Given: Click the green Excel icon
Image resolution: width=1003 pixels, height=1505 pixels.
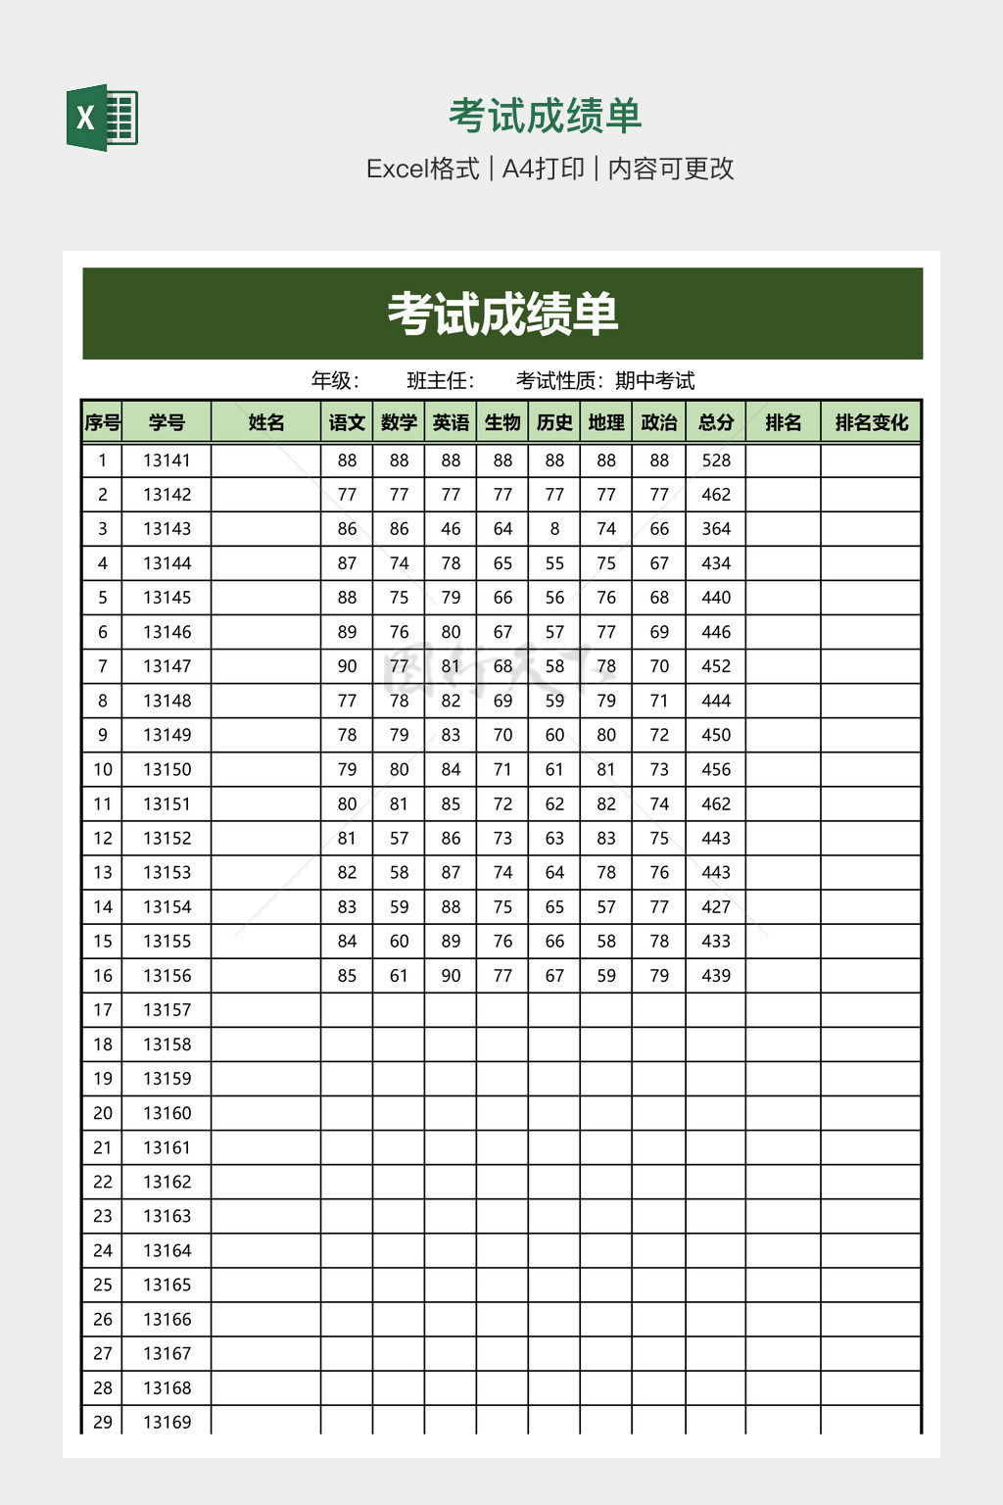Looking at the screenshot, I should tap(102, 118).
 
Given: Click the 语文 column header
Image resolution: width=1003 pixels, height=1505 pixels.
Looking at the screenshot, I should tap(347, 422).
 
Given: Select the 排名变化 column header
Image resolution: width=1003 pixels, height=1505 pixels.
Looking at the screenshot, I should tap(871, 422).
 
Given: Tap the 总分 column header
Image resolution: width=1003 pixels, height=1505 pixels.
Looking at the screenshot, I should tap(716, 422).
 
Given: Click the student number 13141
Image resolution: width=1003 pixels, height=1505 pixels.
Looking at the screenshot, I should tap(167, 461).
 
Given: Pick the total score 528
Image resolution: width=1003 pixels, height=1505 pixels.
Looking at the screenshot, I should tap(716, 461).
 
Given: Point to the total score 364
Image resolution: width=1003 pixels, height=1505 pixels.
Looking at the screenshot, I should tap(716, 529).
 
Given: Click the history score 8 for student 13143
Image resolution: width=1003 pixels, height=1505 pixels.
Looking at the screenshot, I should tap(554, 529).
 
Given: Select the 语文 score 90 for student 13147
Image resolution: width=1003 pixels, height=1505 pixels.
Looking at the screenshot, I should tap(347, 666).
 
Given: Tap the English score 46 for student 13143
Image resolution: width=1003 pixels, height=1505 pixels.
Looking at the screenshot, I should tap(451, 529).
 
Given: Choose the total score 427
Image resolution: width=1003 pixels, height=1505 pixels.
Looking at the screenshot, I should tap(716, 906).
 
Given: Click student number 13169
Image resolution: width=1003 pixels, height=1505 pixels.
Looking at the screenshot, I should tap(167, 1422).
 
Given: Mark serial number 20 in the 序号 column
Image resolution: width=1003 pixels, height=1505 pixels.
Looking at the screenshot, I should tap(103, 1113).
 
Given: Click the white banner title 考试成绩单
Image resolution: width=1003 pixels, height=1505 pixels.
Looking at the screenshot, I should tap(502, 315).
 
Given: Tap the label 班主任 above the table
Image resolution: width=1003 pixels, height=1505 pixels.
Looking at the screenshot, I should tap(439, 381).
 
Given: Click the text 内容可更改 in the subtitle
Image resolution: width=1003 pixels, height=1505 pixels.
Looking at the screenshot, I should tap(671, 169).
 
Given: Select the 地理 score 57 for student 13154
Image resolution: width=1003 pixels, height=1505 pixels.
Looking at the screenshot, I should tap(606, 906).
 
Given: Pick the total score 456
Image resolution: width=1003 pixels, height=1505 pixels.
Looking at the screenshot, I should tap(716, 769).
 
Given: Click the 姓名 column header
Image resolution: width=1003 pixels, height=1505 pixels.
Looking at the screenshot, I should tap(265, 422).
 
